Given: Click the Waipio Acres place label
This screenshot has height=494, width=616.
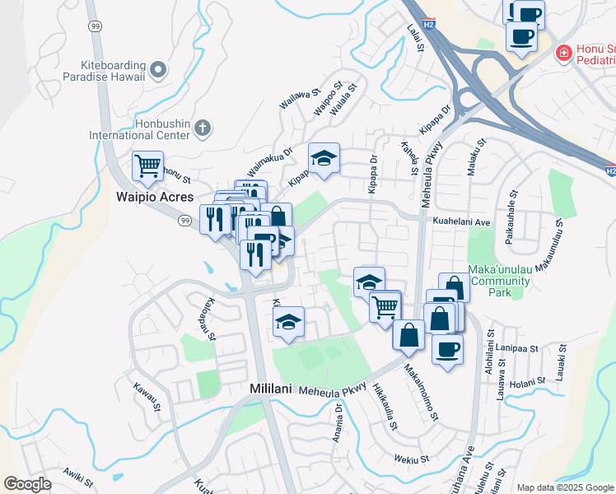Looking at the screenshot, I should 155,198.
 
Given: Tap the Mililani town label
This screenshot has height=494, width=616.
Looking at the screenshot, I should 272,388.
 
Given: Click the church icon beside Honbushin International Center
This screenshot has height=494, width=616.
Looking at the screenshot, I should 203,128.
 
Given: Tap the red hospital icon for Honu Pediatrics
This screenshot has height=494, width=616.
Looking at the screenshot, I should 564,54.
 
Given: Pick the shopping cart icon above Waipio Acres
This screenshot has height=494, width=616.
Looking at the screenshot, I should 147,165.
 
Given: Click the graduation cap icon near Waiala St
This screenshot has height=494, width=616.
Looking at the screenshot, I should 324,158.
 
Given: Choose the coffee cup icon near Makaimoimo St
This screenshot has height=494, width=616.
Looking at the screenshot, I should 447,349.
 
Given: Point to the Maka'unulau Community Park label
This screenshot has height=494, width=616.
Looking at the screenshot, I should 499,280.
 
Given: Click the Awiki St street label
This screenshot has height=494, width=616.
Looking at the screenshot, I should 73,475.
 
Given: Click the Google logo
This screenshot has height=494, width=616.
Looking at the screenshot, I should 27,484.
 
